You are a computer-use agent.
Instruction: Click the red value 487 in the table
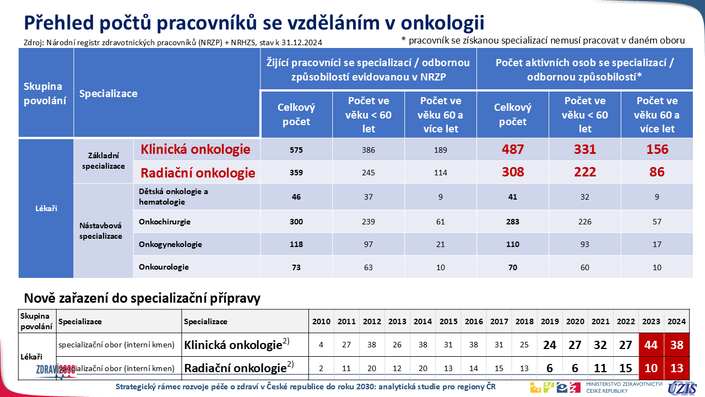click(x=513, y=149)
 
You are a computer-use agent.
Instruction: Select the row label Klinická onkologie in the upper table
click(x=196, y=149)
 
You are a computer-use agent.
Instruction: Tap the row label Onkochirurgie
click(x=165, y=222)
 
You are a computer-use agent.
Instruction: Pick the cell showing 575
click(x=296, y=150)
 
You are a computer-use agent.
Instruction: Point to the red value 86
click(x=657, y=172)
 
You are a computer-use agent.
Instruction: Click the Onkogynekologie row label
click(x=170, y=244)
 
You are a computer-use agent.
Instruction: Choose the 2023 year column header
click(x=652, y=321)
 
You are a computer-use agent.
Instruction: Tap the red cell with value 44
click(x=652, y=345)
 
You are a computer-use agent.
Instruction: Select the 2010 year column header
click(x=322, y=321)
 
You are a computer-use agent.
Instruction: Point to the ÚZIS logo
click(x=684, y=387)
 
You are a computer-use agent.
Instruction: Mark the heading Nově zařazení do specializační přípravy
click(x=142, y=299)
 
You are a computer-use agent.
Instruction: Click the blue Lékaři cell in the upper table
click(x=46, y=208)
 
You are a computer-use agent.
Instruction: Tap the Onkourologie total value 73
click(x=296, y=267)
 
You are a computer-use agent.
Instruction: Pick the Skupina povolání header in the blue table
click(x=43, y=94)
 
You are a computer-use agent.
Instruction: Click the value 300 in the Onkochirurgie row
click(x=296, y=222)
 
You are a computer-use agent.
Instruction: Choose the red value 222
click(x=585, y=172)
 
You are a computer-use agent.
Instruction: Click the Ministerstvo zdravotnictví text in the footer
click(x=624, y=387)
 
